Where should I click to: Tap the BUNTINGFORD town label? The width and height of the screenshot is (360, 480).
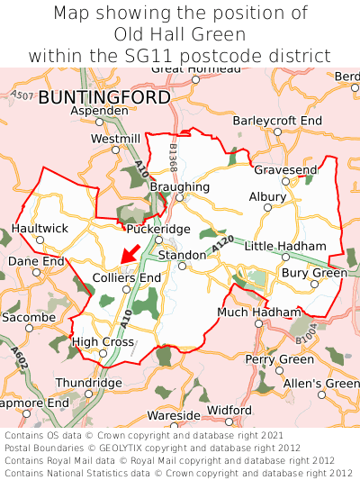pyautogui.click(x=104, y=96)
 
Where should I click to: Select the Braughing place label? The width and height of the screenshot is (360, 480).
pyautogui.click(x=180, y=186)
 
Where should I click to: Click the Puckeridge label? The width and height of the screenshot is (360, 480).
pyautogui.click(x=158, y=229)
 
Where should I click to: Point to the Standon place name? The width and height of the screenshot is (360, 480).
pyautogui.click(x=182, y=256)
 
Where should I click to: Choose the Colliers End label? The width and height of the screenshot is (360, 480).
pyautogui.click(x=127, y=278)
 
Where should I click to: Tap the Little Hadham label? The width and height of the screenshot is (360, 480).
pyautogui.click(x=285, y=246)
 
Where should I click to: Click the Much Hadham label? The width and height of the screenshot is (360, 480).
pyautogui.click(x=259, y=312)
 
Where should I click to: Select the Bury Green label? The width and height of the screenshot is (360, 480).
pyautogui.click(x=314, y=273)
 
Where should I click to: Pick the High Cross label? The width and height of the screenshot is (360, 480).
pyautogui.click(x=103, y=342)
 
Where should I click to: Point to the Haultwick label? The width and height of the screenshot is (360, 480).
pyautogui.click(x=40, y=229)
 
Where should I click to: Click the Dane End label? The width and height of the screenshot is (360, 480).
pyautogui.click(x=36, y=261)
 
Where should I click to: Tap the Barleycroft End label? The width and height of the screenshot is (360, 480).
pyautogui.click(x=277, y=120)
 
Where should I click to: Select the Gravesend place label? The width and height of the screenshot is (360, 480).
pyautogui.click(x=285, y=169)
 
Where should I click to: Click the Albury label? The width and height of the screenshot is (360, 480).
pyautogui.click(x=267, y=196)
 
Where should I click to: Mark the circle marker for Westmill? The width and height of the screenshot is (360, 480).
pyautogui.click(x=114, y=150)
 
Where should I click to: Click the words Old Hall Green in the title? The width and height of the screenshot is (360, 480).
pyautogui.click(x=180, y=34)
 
